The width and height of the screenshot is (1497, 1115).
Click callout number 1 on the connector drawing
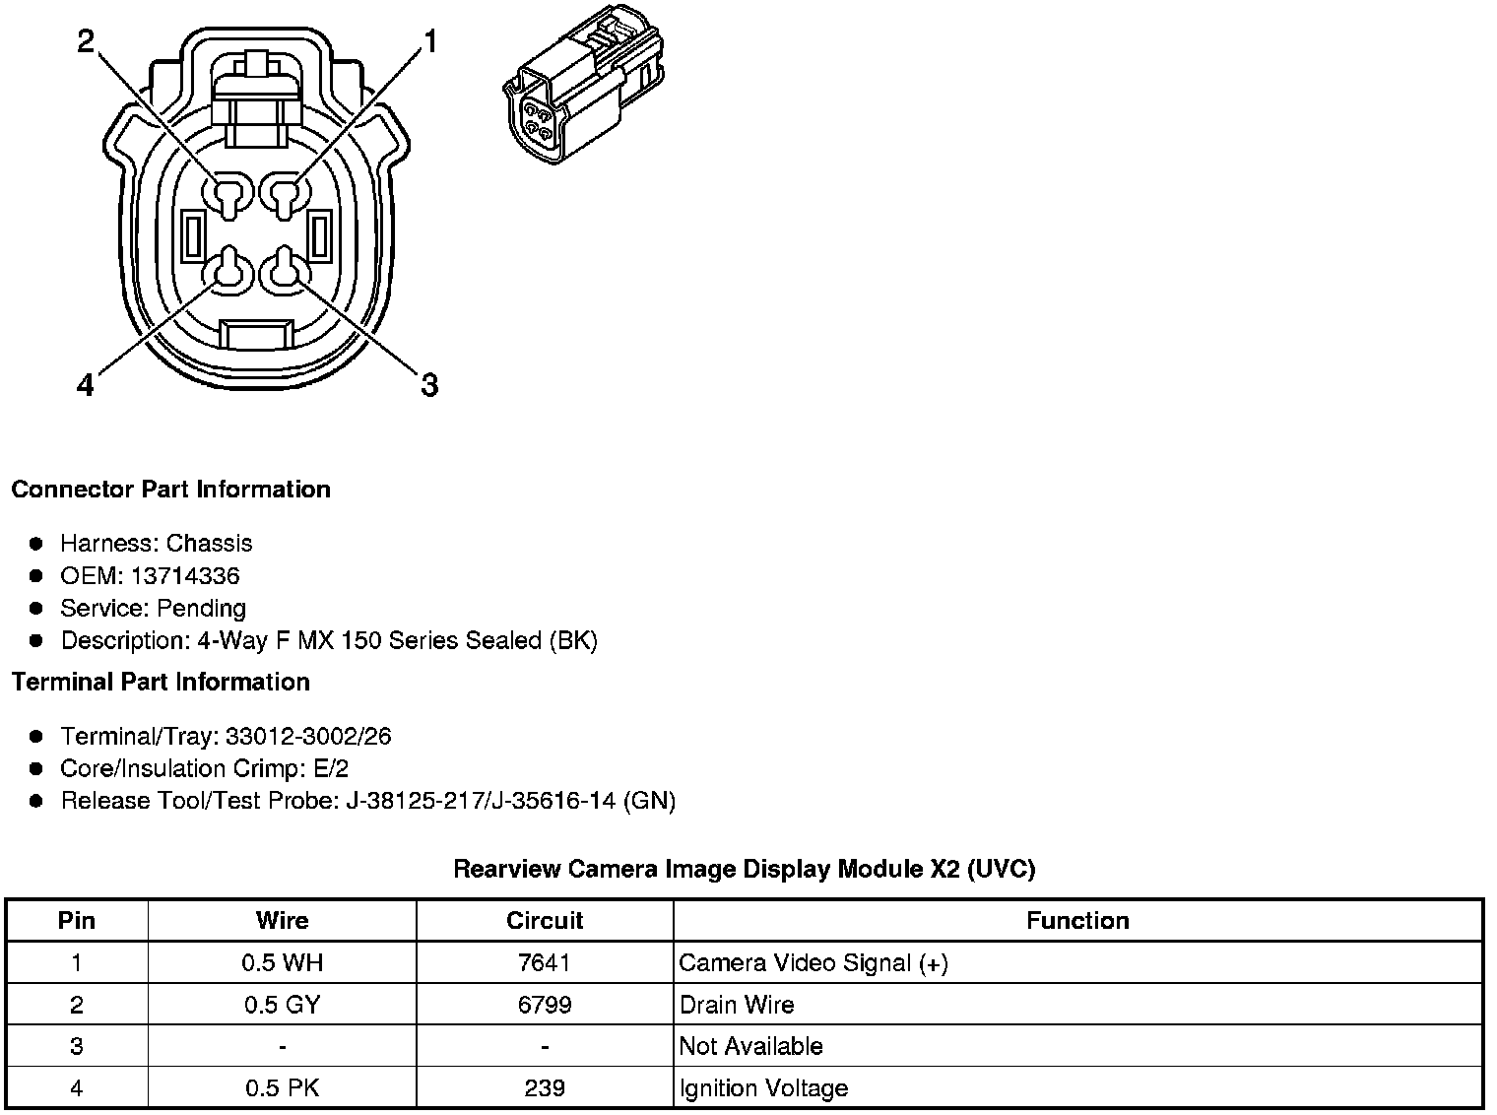coord(430,41)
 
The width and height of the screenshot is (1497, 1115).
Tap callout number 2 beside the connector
coord(86,41)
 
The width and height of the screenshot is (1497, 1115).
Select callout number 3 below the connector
coord(429,385)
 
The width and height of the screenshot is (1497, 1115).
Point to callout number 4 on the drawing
coord(85,385)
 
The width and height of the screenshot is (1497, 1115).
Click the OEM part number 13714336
coord(185,576)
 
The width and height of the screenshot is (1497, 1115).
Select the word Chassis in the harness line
coord(209,544)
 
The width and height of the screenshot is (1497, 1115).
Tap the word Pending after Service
coord(201,609)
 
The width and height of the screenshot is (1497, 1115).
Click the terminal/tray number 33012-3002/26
coord(307,736)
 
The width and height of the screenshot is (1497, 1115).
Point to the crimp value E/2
coord(331,768)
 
